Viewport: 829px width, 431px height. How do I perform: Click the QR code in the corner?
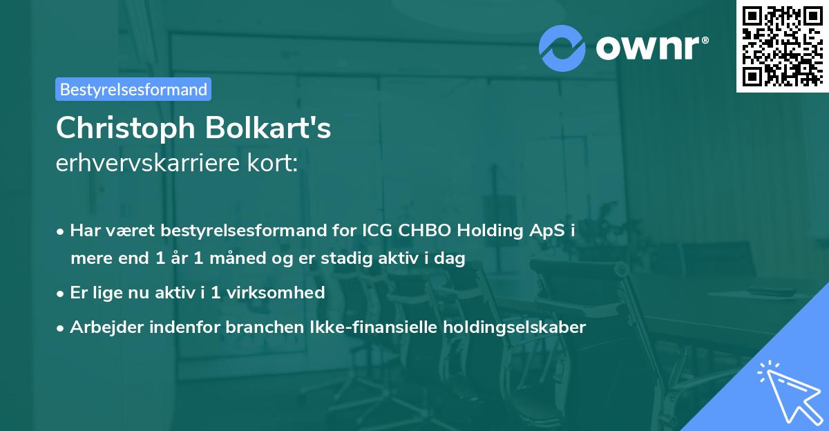tap(783, 46)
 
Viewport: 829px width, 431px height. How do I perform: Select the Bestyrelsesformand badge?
tap(133, 89)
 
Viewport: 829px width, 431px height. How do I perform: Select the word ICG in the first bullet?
tap(377, 231)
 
